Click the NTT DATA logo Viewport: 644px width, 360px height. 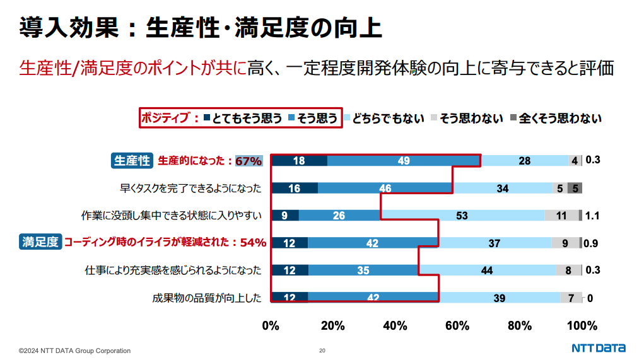pyautogui.click(x=599, y=349)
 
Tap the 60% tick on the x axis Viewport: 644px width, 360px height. pyautogui.click(x=457, y=326)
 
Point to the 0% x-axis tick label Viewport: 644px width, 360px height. pyautogui.click(x=271, y=326)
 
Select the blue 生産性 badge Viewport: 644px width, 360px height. pyautogui.click(x=132, y=161)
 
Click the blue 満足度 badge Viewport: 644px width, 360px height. pyautogui.click(x=40, y=241)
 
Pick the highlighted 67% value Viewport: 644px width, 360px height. pyautogui.click(x=249, y=161)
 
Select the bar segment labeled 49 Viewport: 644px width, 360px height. pyautogui.click(x=404, y=161)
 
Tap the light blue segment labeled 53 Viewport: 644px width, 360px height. pyautogui.click(x=462, y=215)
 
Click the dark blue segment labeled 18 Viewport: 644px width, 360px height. pyautogui.click(x=299, y=161)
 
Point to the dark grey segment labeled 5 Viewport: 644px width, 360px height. pyautogui.click(x=575, y=188)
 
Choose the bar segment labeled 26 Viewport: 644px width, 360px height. pyautogui.click(x=339, y=215)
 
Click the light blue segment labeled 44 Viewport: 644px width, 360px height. pyautogui.click(x=487, y=270)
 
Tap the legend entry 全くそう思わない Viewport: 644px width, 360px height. pyautogui.click(x=554, y=118)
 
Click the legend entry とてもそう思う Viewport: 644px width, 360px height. pyautogui.click(x=243, y=118)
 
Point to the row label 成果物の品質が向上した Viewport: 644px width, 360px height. pyautogui.click(x=207, y=298)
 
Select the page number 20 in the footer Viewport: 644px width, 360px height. pyautogui.click(x=322, y=351)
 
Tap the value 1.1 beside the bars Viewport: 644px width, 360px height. pyautogui.click(x=592, y=215)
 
